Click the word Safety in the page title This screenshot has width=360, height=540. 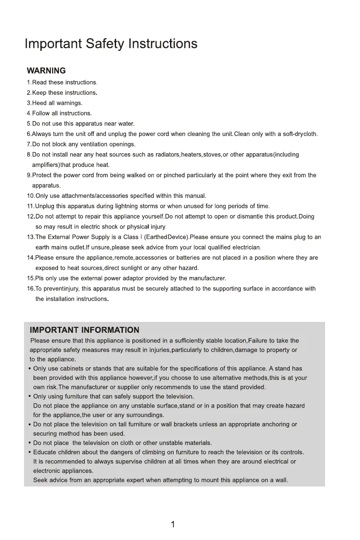[x=104, y=44]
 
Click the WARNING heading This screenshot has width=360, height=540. [x=46, y=71]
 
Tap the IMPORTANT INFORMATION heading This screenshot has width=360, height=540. [x=84, y=330]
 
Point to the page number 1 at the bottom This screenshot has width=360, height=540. [x=173, y=525]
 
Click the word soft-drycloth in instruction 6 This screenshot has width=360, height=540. [x=300, y=134]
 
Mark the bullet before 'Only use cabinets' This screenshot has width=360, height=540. [x=29, y=369]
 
